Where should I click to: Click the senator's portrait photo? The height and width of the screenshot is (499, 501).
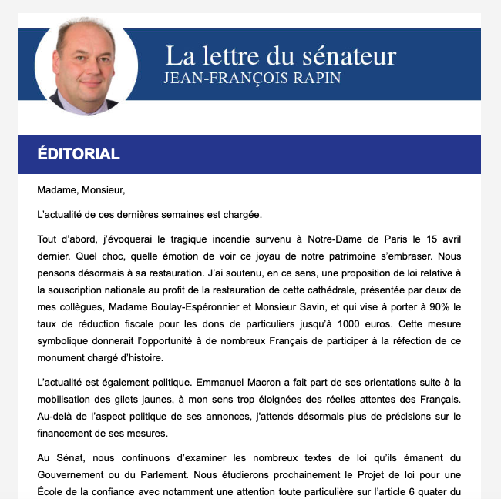pos(86,67)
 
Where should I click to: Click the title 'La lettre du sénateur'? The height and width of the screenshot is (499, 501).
pos(281,56)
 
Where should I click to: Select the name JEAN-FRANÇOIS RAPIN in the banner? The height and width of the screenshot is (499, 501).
pos(252,79)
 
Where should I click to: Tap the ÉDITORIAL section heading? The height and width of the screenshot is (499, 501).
pos(79,154)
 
